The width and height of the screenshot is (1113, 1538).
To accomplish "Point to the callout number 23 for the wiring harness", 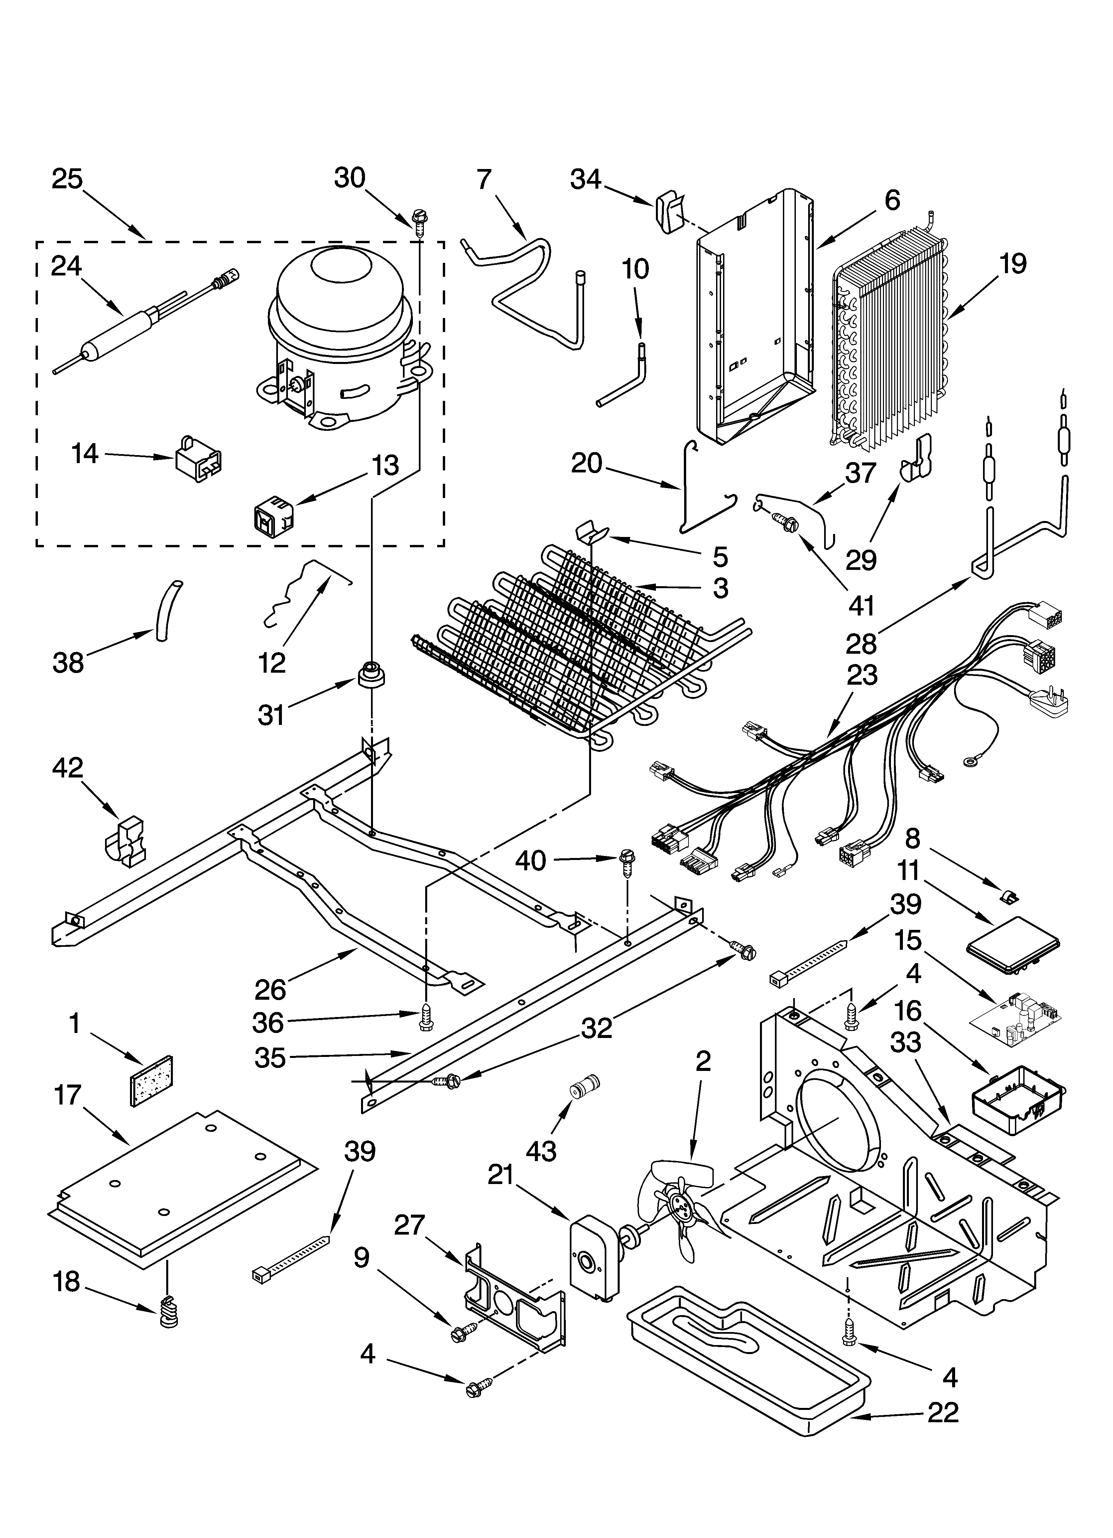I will point(862,675).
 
